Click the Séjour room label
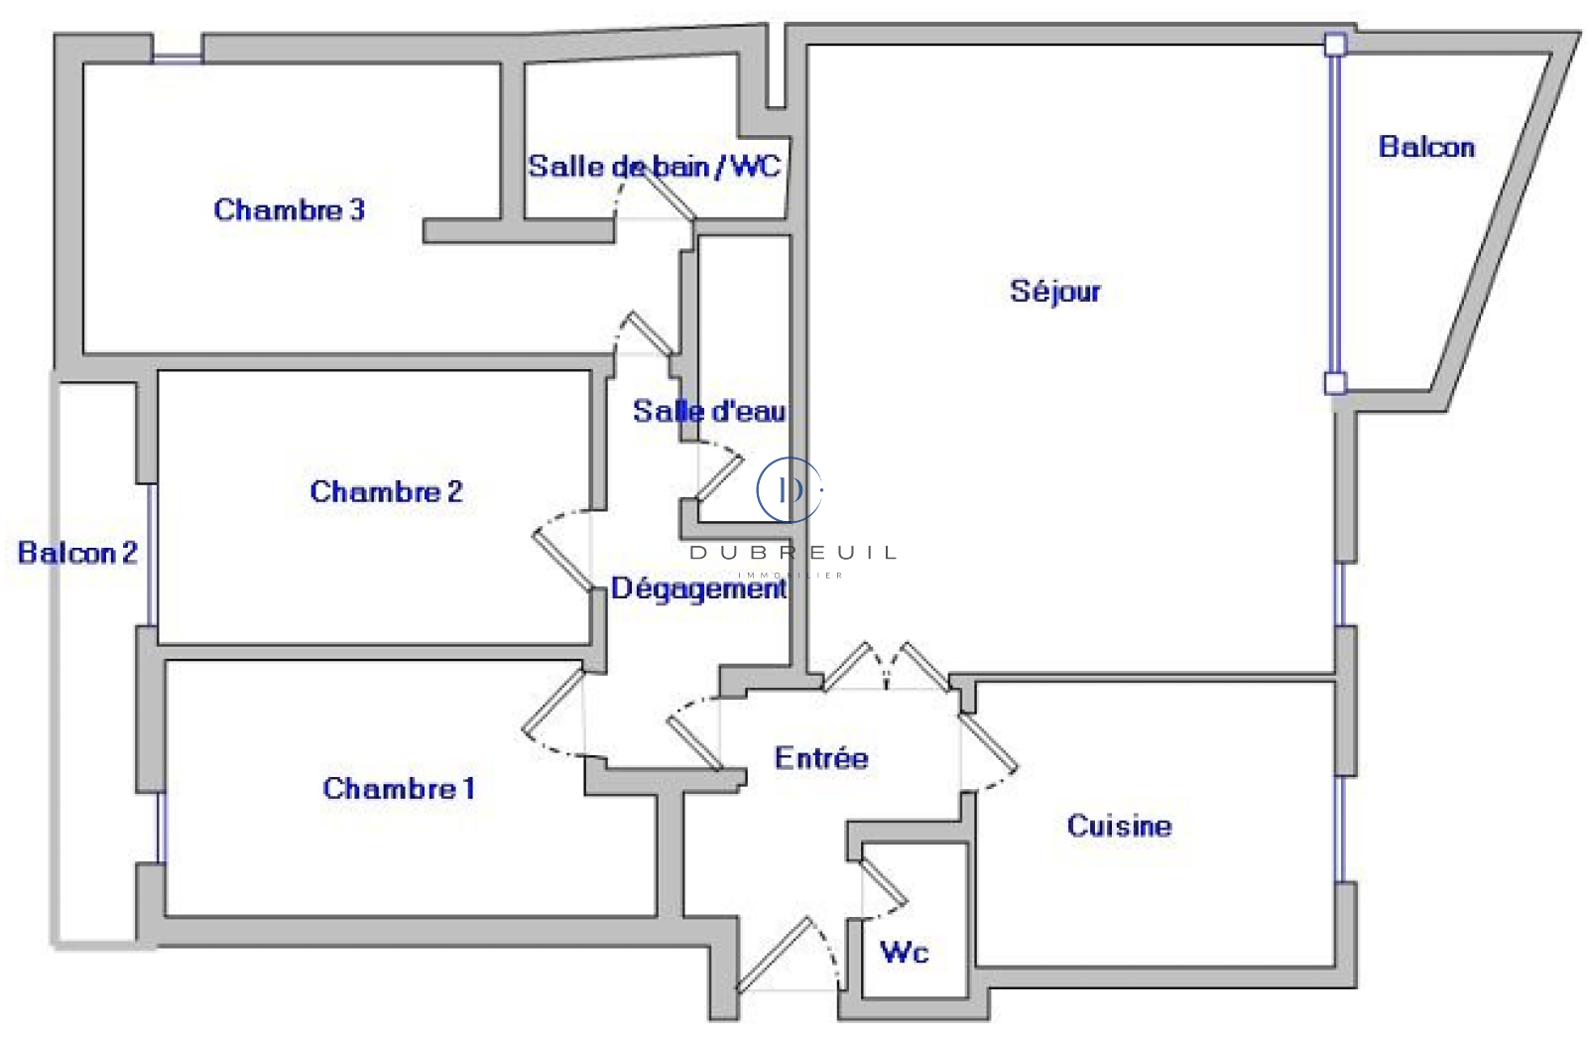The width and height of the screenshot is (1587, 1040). click(x=1054, y=291)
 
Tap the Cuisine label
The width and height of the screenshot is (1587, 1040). click(x=1119, y=826)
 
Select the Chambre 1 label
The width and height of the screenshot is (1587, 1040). click(x=399, y=788)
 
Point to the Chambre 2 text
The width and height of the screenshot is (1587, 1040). click(x=386, y=491)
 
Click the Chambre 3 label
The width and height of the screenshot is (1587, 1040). click(x=289, y=209)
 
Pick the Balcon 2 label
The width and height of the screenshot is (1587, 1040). click(x=77, y=553)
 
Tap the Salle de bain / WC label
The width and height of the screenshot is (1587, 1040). click(x=655, y=166)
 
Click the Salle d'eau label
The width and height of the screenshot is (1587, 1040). click(x=709, y=411)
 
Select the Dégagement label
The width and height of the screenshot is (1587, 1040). click(x=698, y=588)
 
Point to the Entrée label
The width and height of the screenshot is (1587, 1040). click(x=821, y=758)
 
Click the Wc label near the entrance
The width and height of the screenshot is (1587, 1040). click(x=905, y=953)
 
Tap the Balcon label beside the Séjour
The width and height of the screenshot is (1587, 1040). click(x=1426, y=147)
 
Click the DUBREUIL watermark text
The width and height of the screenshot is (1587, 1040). click(x=793, y=553)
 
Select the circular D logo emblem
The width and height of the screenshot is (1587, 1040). click(x=790, y=489)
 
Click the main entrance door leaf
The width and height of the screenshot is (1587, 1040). click(x=775, y=955)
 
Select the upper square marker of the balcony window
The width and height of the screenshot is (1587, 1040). click(x=1335, y=44)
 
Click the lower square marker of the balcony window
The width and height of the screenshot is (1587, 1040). click(x=1335, y=383)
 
